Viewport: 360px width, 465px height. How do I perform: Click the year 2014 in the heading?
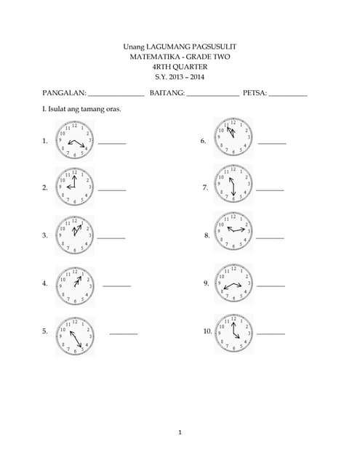click(x=196, y=77)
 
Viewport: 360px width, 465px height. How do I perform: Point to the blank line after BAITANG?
click(x=212, y=95)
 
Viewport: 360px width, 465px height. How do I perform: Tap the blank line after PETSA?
click(x=288, y=95)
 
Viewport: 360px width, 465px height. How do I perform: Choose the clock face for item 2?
click(x=74, y=187)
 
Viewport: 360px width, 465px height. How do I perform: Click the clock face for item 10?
click(x=233, y=332)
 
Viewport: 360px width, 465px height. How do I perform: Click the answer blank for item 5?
click(x=124, y=333)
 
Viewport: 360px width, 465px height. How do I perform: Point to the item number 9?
click(x=207, y=283)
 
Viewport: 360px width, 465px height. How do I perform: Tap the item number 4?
click(x=45, y=283)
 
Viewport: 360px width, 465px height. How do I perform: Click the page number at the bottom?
click(x=180, y=433)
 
